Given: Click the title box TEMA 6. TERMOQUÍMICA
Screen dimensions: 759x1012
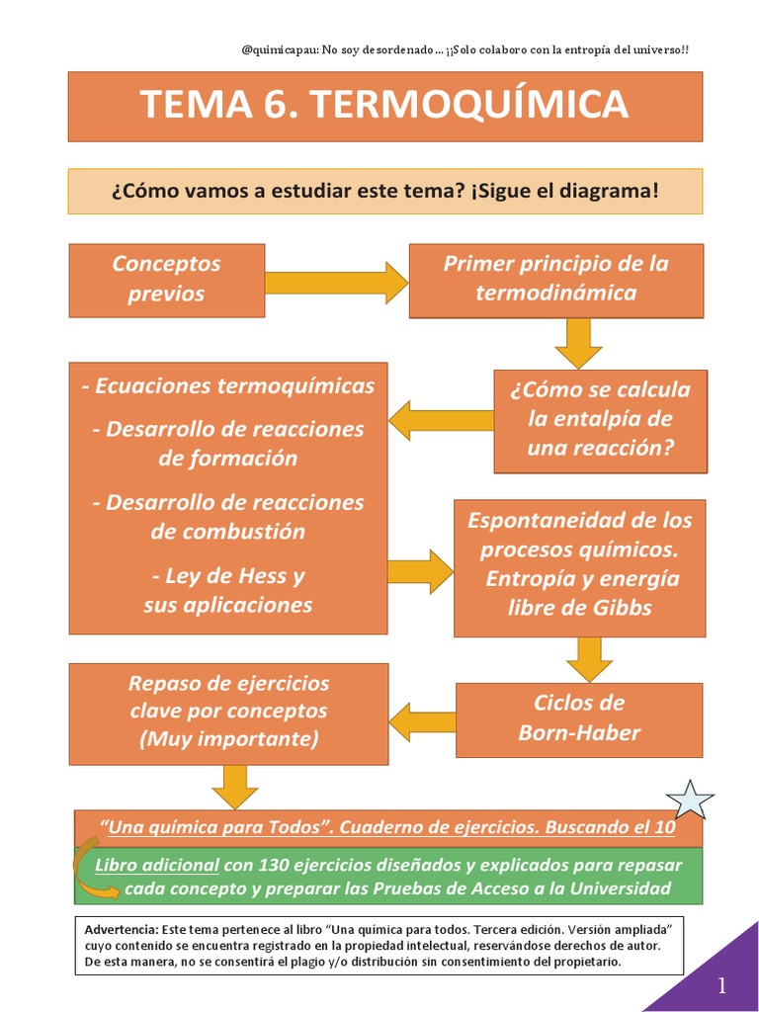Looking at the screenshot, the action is point(384,105).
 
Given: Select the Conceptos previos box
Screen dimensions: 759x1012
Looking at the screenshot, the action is point(166,280).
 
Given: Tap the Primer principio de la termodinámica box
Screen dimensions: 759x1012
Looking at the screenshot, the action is point(556,280).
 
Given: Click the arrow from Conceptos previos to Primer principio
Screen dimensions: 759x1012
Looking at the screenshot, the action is point(336,282).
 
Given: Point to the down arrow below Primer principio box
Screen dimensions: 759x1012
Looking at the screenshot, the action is point(578,342).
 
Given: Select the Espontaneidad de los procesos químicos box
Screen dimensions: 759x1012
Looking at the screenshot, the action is point(579,564).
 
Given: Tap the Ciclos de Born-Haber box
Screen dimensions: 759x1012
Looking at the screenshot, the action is point(579,718).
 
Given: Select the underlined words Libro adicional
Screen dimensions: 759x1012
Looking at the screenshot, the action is point(156,865).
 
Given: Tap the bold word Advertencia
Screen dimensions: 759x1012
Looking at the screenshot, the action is point(122,931).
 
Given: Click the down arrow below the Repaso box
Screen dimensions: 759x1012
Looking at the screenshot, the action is point(234,786).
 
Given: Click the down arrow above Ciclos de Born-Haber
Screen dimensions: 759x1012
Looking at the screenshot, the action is point(589,658).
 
